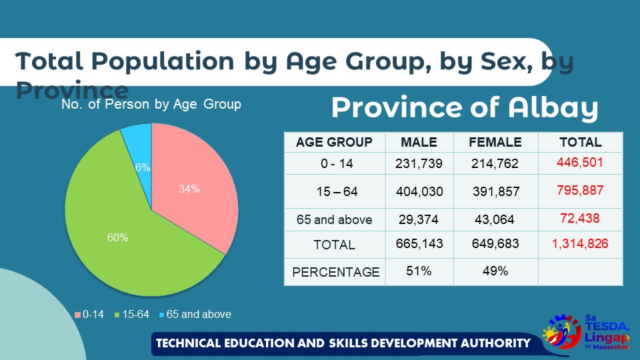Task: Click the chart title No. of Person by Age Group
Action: point(151,105)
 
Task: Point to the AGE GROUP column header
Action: point(334,142)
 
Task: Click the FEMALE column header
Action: point(495,142)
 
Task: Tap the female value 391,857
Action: point(495,191)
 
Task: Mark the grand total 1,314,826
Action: point(579,243)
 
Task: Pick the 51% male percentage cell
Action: point(419,271)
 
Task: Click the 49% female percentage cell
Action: point(495,271)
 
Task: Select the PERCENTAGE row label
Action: point(335,272)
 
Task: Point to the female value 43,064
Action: point(495,219)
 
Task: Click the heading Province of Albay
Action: point(464,108)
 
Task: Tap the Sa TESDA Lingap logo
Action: point(587,331)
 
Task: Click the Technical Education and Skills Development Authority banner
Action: point(343,344)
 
